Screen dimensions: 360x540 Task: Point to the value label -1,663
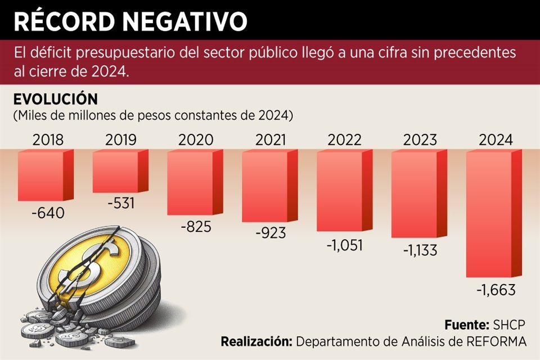coord(496,291)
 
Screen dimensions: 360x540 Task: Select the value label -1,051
coord(345,245)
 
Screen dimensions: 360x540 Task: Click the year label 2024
coord(496,140)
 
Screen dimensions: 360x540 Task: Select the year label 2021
coord(271,140)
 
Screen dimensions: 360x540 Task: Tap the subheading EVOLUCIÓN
coord(56,100)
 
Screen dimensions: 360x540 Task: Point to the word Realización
coord(255,341)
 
